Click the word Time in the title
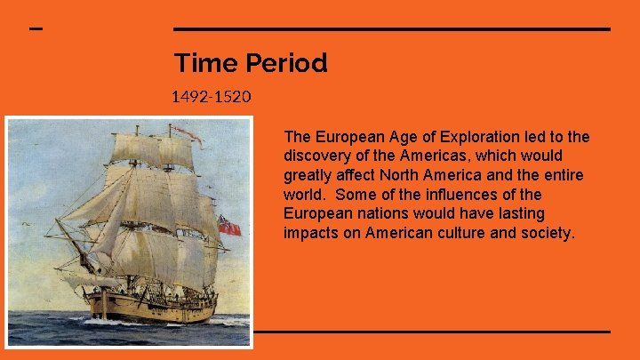pos(193,63)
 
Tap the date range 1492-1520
pos(212,96)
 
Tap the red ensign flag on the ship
pos(229,227)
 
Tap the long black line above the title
pos(391,29)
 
